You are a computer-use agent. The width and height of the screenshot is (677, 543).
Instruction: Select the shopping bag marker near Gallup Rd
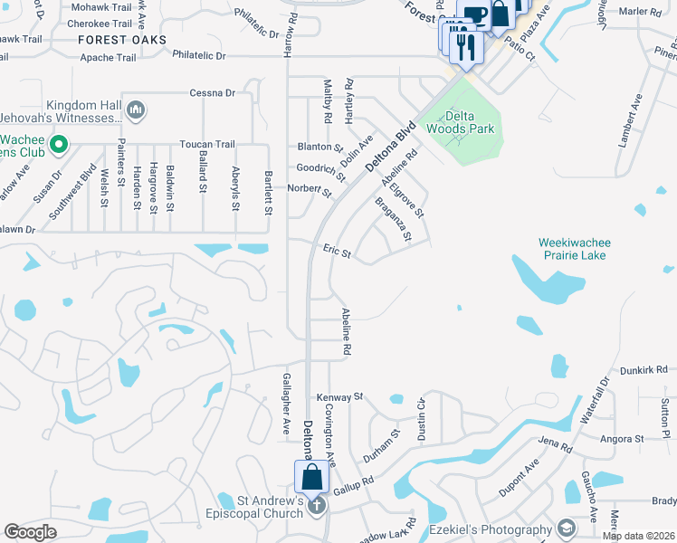point(311,478)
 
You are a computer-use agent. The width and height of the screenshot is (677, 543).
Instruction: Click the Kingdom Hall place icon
point(137,110)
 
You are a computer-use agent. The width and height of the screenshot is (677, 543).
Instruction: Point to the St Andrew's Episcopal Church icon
point(316,506)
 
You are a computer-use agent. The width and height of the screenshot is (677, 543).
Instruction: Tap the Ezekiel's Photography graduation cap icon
point(566,529)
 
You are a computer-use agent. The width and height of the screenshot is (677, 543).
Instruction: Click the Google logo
point(30,532)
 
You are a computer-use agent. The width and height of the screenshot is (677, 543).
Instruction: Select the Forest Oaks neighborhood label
point(122,40)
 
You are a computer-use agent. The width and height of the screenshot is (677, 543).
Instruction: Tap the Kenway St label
point(338,397)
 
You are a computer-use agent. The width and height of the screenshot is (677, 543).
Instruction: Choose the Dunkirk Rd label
point(644,370)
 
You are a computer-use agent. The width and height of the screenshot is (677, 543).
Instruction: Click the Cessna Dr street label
point(212,92)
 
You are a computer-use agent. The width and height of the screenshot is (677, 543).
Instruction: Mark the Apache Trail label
point(109,57)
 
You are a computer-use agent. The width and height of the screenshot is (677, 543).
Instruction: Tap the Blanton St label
point(320,147)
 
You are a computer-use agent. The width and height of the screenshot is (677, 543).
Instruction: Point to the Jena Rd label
point(555,447)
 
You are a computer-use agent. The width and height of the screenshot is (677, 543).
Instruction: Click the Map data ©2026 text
point(638,535)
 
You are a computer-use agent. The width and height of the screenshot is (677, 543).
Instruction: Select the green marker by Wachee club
point(59,144)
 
